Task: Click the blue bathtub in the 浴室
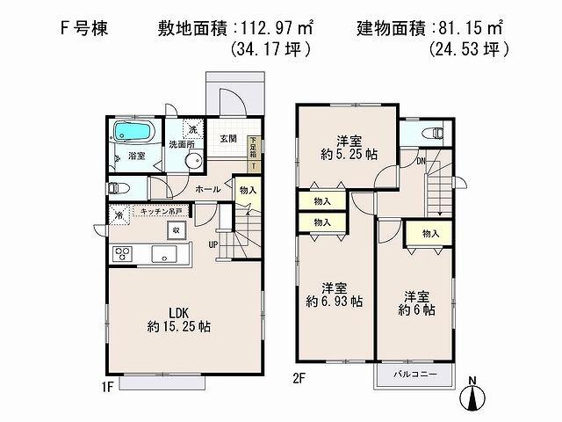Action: tap(135, 133)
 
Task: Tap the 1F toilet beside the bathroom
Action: tap(115, 187)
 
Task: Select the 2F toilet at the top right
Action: tap(433, 135)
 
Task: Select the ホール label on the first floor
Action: tap(207, 189)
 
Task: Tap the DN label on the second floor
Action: tap(421, 161)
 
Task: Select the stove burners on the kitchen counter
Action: tap(122, 255)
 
